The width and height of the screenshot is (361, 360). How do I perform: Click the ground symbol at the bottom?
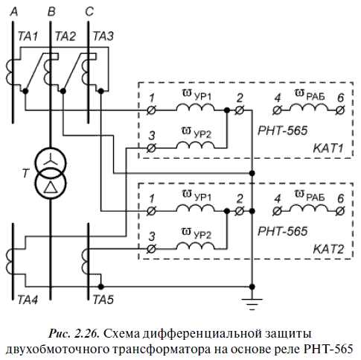[x=252, y=304]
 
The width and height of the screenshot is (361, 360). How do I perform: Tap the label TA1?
[x=28, y=37]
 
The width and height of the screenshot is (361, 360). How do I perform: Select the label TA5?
[x=103, y=300]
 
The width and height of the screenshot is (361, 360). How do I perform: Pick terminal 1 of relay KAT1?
[x=151, y=110]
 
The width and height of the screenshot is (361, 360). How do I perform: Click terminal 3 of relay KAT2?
[x=151, y=249]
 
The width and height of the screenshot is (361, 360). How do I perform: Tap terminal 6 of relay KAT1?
[x=340, y=110]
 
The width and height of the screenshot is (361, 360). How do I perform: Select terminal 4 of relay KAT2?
[x=277, y=211]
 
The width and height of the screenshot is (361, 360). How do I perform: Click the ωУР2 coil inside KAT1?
[x=196, y=145]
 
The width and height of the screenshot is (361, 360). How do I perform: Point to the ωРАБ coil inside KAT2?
[x=309, y=207]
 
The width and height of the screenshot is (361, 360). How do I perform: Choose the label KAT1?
[x=328, y=148]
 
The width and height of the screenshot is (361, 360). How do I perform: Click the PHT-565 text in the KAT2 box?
[x=283, y=231]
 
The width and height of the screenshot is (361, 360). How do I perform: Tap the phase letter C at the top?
[x=89, y=12]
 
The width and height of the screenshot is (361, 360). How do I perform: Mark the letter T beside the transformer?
[x=25, y=173]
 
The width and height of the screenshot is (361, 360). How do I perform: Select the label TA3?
[x=103, y=37]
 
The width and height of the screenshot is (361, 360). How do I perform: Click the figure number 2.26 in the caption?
[x=86, y=334]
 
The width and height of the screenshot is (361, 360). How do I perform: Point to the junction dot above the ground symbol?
[x=252, y=287]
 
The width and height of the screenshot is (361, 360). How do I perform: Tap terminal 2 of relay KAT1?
[x=240, y=110]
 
